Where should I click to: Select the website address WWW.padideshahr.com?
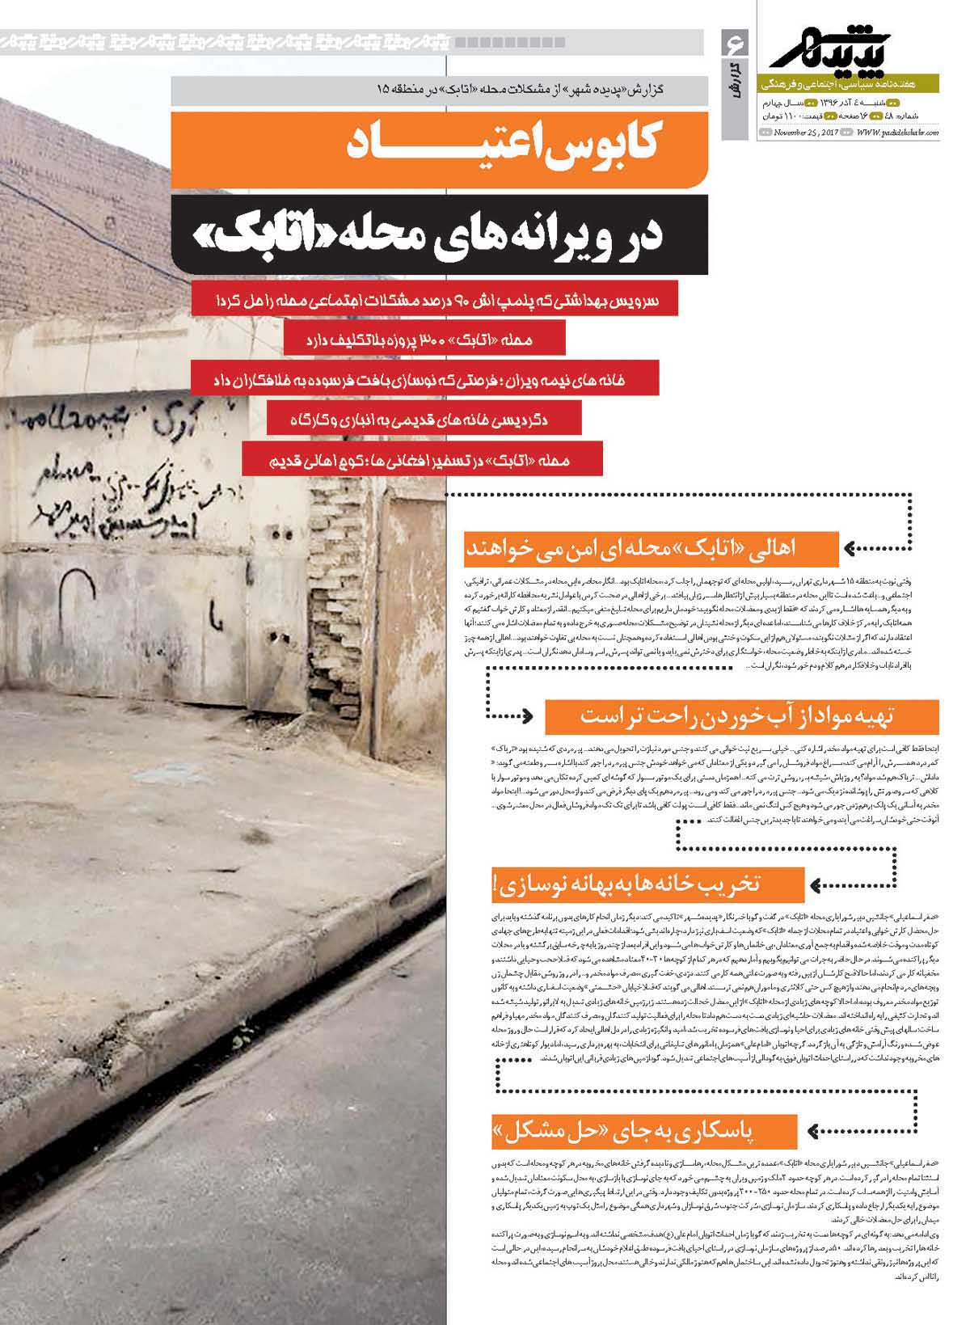897,133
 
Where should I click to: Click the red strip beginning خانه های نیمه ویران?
424,378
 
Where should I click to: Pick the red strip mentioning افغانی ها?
422,461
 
